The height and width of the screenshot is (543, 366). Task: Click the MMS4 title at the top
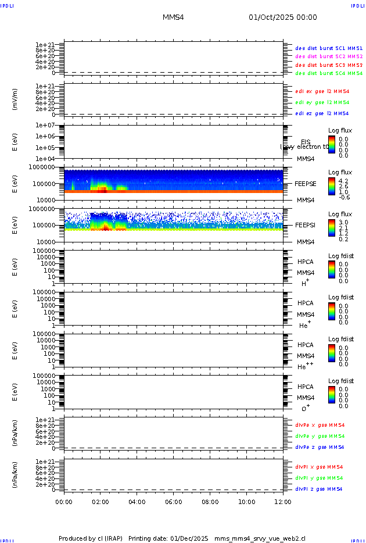[x=173, y=17]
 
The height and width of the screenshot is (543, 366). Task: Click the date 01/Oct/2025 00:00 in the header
[x=283, y=17]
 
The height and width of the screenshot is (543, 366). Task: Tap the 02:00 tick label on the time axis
[x=101, y=502]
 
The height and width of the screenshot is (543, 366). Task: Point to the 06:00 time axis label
[x=174, y=502]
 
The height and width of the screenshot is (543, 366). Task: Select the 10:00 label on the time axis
[x=247, y=502]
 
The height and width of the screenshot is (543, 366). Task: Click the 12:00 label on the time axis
[x=283, y=502]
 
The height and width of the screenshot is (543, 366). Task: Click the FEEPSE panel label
[x=306, y=183]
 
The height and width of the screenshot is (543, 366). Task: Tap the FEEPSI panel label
[x=306, y=225]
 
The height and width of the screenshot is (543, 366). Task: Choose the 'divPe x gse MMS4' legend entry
[x=320, y=425]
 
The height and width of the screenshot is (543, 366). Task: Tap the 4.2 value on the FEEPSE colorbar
[x=343, y=181]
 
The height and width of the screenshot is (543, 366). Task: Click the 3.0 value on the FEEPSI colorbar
[x=343, y=223]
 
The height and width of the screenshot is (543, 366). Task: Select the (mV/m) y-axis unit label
[x=15, y=99]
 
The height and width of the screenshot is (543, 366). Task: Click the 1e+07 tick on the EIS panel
[x=45, y=126]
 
